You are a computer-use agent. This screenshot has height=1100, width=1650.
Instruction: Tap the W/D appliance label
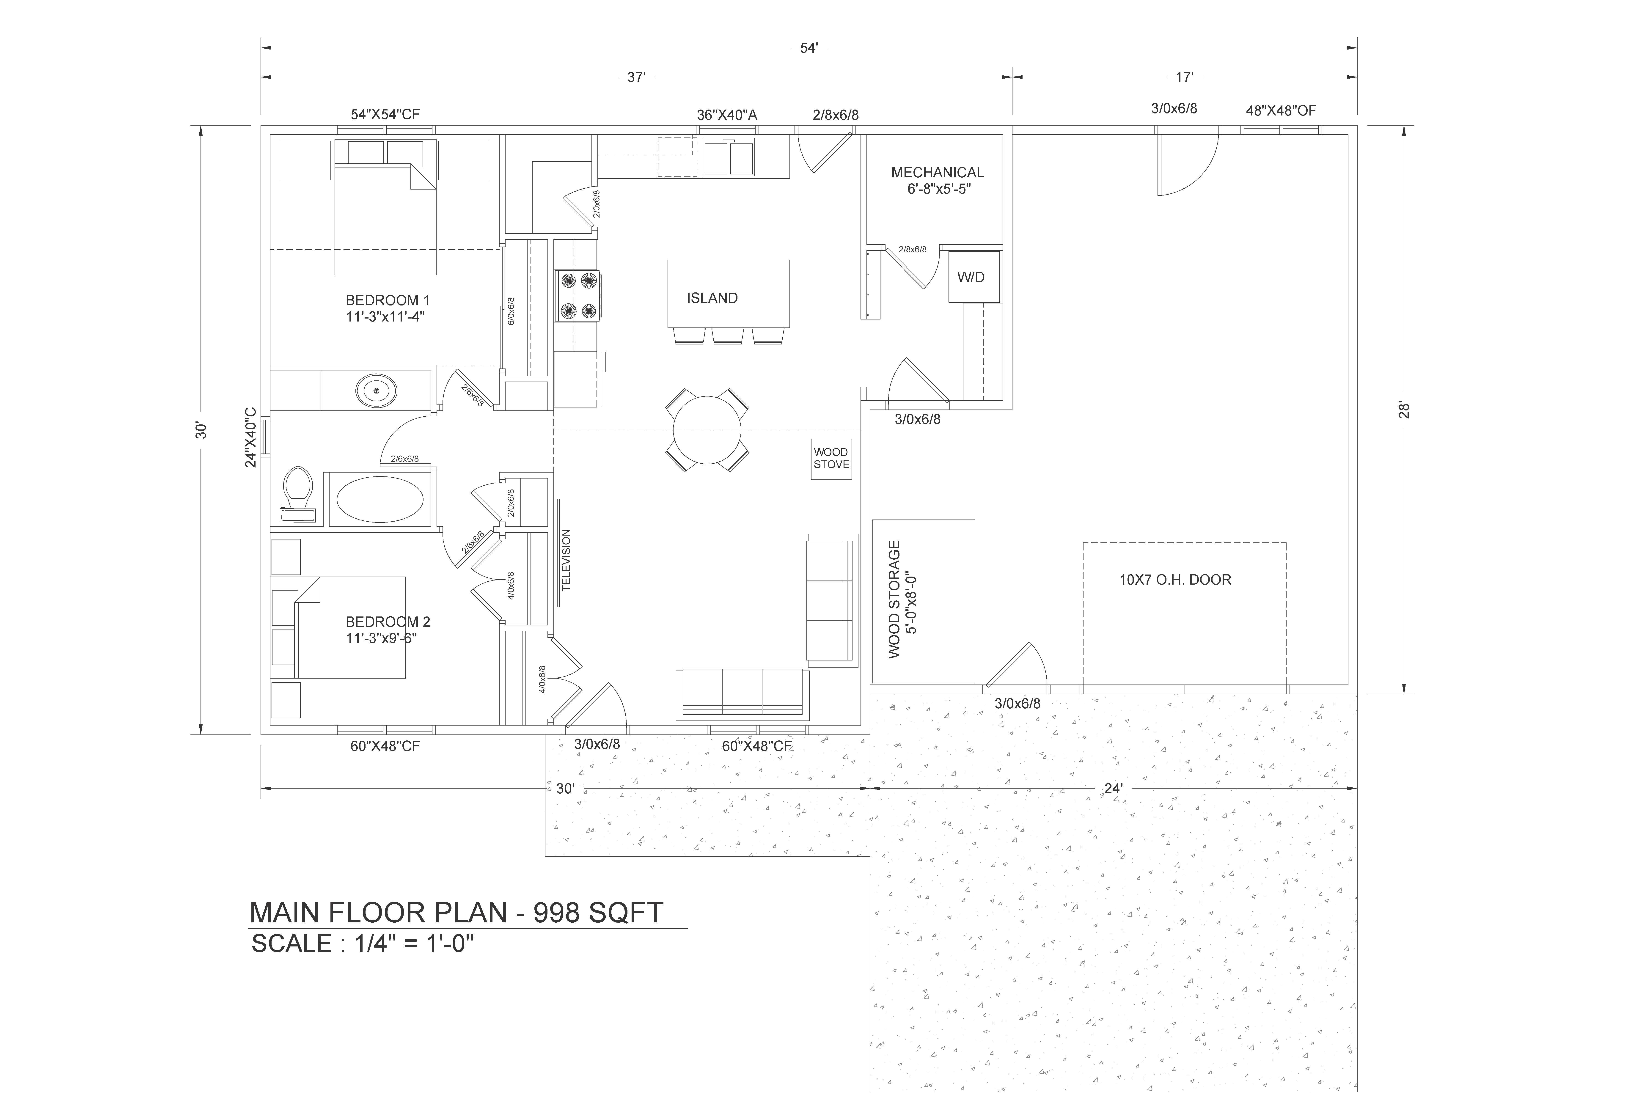[971, 277]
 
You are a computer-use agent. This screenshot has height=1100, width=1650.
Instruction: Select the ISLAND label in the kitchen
[712, 298]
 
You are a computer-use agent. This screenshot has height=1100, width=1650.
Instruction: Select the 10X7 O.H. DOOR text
[1175, 580]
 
